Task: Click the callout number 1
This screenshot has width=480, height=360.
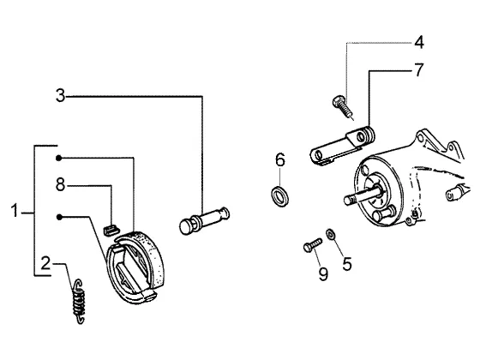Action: (x=14, y=211)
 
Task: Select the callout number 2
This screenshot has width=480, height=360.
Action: (x=45, y=263)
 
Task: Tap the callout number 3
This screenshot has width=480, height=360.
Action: (x=60, y=95)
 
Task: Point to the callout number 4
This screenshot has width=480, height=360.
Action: (x=419, y=42)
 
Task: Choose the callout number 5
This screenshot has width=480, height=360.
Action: (x=347, y=264)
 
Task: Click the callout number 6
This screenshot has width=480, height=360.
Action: (x=280, y=159)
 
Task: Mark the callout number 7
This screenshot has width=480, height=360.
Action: (x=419, y=69)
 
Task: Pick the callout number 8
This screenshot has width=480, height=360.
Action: (x=60, y=184)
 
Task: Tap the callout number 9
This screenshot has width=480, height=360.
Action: (x=323, y=273)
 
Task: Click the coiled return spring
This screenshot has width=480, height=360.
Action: (x=79, y=301)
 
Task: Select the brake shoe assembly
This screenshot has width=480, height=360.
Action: (x=134, y=267)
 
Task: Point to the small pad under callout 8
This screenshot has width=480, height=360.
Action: (x=111, y=230)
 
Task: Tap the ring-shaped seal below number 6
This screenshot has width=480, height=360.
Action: (x=279, y=195)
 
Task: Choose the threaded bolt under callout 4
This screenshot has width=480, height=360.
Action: (x=343, y=108)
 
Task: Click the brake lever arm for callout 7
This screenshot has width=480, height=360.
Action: (x=342, y=145)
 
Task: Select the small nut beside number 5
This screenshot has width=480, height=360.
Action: (x=330, y=234)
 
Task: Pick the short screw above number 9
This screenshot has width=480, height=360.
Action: (x=313, y=244)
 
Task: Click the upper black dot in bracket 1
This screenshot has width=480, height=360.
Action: (x=59, y=158)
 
